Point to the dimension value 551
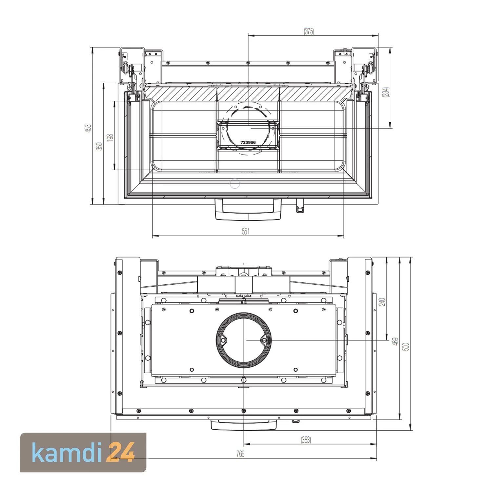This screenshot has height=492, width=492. [246, 231]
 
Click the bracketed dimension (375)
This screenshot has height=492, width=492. [309, 31]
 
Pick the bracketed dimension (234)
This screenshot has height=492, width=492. [386, 92]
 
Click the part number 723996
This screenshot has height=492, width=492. [248, 142]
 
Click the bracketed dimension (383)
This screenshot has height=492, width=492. [306, 440]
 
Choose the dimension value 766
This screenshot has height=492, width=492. [240, 454]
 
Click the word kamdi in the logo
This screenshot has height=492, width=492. [68, 452]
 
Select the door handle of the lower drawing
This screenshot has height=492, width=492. [243, 425]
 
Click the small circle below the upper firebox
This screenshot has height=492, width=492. [235, 184]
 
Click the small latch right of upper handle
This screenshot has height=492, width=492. [300, 206]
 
